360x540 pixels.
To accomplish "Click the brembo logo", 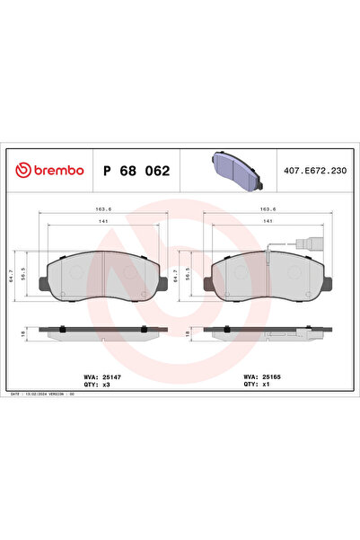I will click(x=50, y=170).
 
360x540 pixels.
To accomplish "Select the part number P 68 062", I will click(x=136, y=170).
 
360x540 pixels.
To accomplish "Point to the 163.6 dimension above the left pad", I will click(x=103, y=208).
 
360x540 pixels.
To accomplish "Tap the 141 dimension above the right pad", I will click(x=269, y=221).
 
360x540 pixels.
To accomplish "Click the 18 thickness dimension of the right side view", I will click(x=188, y=333).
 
